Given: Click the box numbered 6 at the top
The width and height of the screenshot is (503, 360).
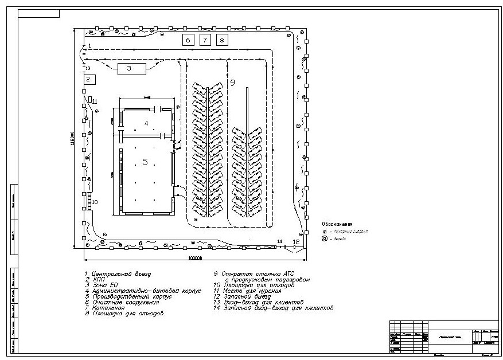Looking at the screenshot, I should pos(188,40).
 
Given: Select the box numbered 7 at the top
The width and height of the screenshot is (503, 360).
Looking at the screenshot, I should pos(205,40).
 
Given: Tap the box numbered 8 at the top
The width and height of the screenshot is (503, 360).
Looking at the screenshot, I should pos(223,40).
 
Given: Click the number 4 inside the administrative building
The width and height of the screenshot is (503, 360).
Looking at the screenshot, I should pos(146,123).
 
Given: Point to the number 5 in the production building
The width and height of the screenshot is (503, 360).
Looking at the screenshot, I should pos(145,162).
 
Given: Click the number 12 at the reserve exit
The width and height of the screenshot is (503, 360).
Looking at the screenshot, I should pos(296,242).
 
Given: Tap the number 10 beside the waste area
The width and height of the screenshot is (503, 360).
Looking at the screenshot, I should pos(95,202).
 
